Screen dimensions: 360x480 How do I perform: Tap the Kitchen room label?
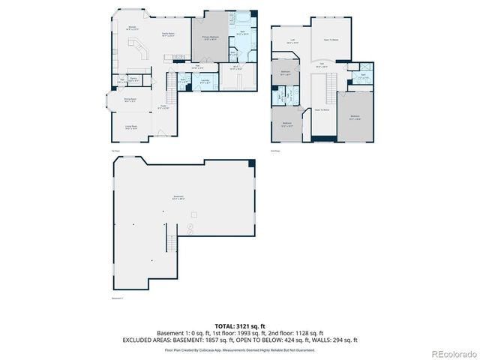pyautogui.click(x=131, y=28)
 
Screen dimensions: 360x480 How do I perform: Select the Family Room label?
pyautogui.click(x=168, y=34)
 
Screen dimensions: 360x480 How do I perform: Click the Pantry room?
pyautogui.click(x=133, y=79)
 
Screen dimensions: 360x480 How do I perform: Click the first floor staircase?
pyautogui.click(x=170, y=95)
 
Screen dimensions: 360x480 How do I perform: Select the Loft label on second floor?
pyautogui.click(x=291, y=43)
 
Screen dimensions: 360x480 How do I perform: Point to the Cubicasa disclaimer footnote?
pyautogui.click(x=240, y=349)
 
